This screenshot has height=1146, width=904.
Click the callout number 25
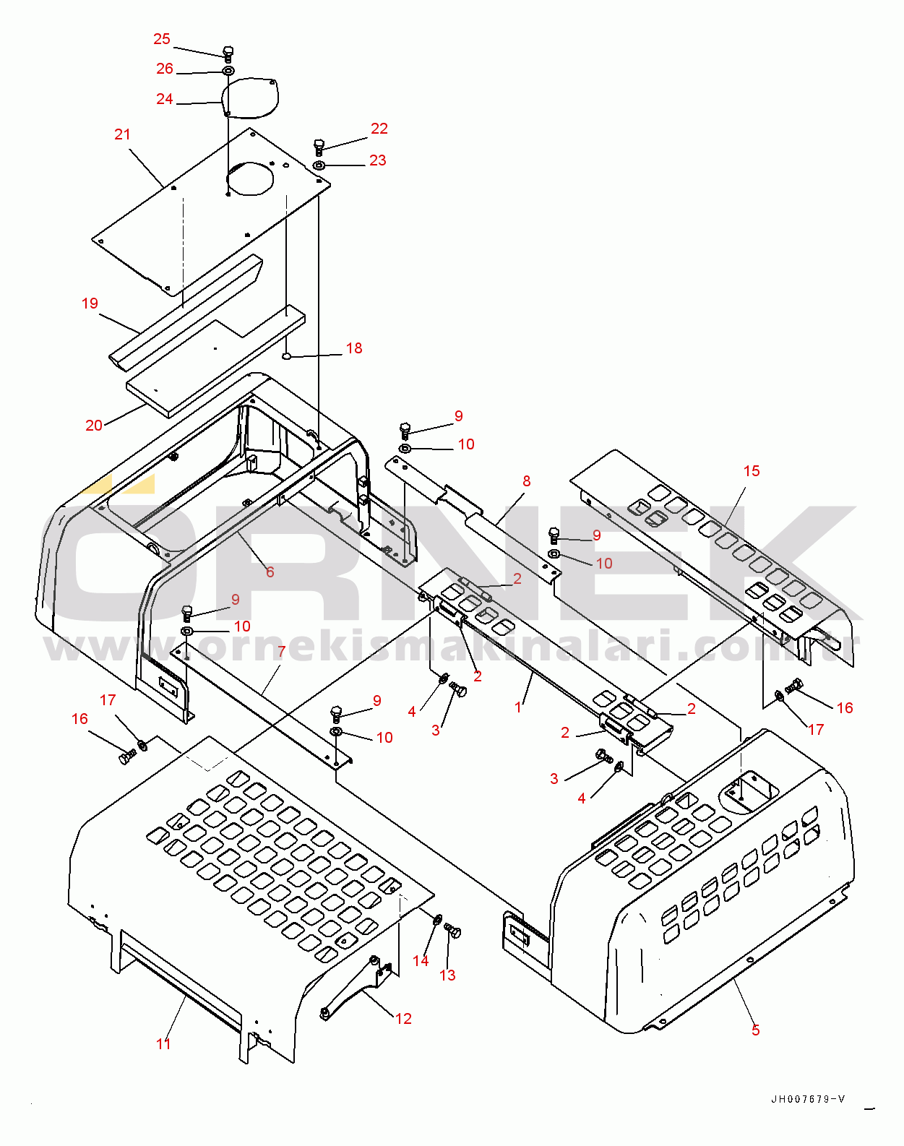click(162, 39)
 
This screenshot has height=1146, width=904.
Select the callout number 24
click(165, 99)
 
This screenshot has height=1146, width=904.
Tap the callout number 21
click(123, 134)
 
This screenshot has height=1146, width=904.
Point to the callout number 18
click(354, 348)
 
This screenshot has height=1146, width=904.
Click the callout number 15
click(752, 471)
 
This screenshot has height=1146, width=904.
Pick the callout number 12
click(403, 1018)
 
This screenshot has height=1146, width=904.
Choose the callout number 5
click(756, 1030)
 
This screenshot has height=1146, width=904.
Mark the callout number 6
click(270, 572)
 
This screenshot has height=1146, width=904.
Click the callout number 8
click(527, 481)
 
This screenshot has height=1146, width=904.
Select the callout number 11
click(164, 1043)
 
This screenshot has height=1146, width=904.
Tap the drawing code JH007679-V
click(808, 1099)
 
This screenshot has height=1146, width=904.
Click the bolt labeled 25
click(228, 53)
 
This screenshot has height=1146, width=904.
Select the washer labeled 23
click(319, 166)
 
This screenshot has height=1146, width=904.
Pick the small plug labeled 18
click(286, 356)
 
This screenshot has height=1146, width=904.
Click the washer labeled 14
click(437, 919)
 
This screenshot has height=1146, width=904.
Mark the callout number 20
click(94, 426)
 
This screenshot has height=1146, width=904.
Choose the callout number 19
click(90, 303)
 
